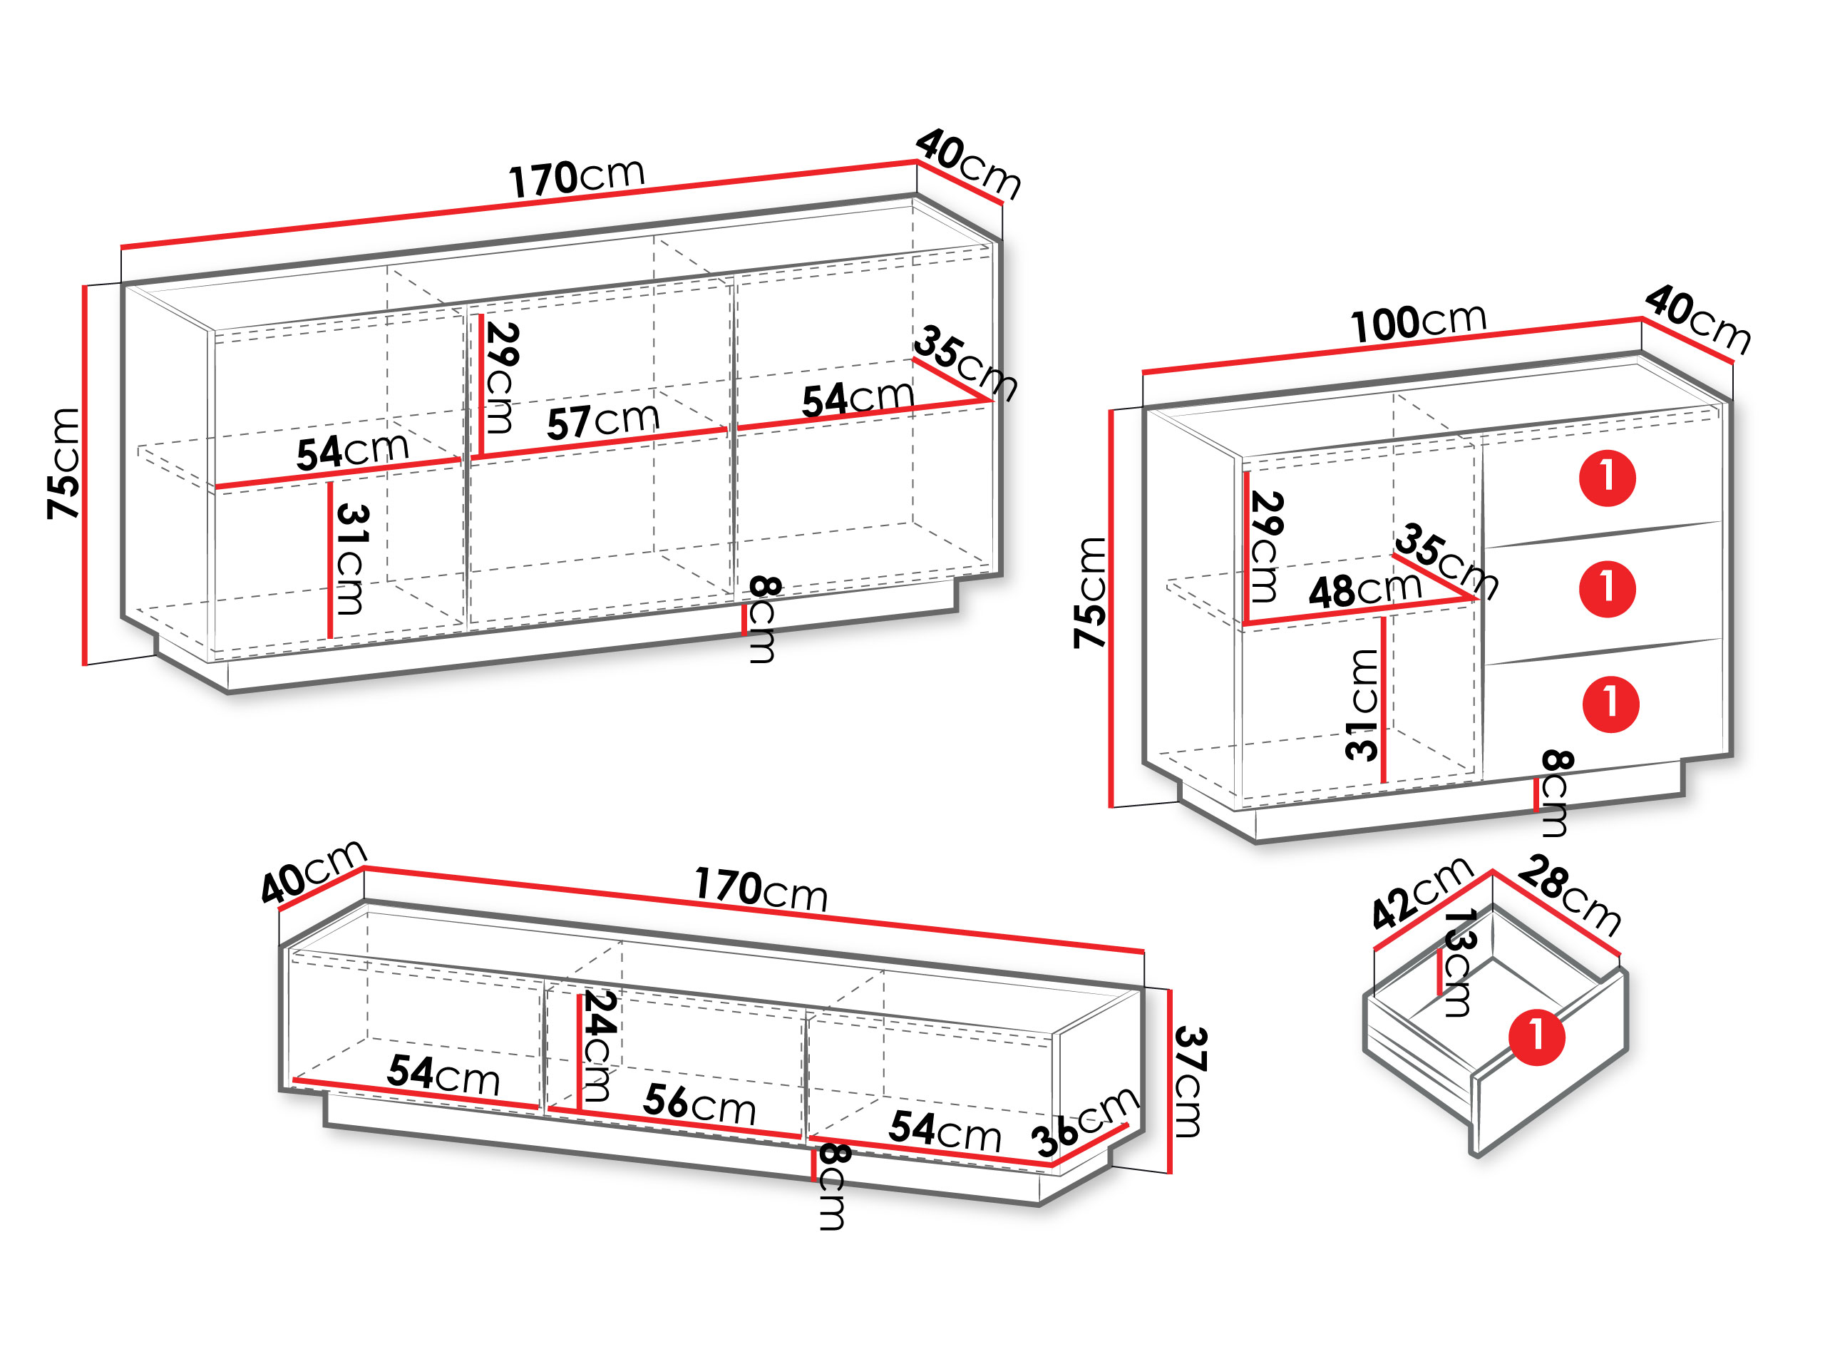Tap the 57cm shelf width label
pyautogui.click(x=603, y=421)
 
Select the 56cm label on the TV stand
pyautogui.click(x=699, y=1103)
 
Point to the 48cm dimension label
pyautogui.click(x=1365, y=590)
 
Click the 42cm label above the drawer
pyautogui.click(x=1422, y=893)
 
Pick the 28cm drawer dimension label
pyautogui.click(x=1570, y=896)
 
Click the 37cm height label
pyautogui.click(x=1190, y=1082)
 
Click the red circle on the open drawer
pyautogui.click(x=1536, y=1037)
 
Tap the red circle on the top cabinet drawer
pyautogui.click(x=1607, y=478)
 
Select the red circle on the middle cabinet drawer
pyautogui.click(x=1607, y=589)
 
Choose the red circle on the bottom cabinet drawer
pyautogui.click(x=1610, y=704)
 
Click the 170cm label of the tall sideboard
pyautogui.click(x=576, y=178)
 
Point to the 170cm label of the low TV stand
pyautogui.click(x=760, y=890)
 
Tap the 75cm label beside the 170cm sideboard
pyautogui.click(x=63, y=463)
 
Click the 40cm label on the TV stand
pyautogui.click(x=313, y=871)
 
